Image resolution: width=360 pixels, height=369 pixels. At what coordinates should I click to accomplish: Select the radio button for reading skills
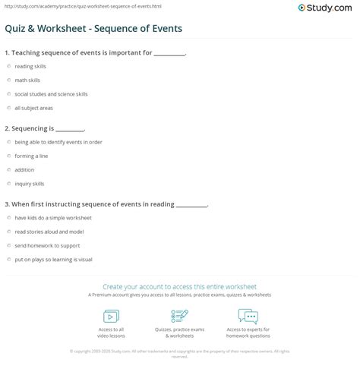point(8,67)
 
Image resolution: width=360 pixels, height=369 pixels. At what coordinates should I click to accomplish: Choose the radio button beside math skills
point(8,80)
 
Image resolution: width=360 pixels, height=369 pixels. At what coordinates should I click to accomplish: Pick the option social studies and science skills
point(8,94)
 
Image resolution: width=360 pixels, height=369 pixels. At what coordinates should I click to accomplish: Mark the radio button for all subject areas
point(8,108)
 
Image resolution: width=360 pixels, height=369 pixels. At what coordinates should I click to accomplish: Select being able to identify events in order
point(8,142)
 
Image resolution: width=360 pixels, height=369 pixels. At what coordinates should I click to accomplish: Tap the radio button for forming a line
point(8,156)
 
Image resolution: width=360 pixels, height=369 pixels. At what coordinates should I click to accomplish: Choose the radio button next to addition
point(8,169)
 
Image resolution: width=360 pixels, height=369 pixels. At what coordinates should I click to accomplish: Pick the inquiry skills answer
point(8,183)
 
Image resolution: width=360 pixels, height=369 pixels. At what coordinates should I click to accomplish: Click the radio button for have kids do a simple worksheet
point(8,217)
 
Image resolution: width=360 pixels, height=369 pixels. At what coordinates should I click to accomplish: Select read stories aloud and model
point(8,231)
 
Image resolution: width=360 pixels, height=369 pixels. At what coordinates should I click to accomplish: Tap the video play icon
point(110,315)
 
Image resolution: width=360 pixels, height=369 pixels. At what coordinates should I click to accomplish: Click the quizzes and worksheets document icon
point(180,315)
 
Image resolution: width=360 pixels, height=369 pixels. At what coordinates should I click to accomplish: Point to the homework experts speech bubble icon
point(248,315)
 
